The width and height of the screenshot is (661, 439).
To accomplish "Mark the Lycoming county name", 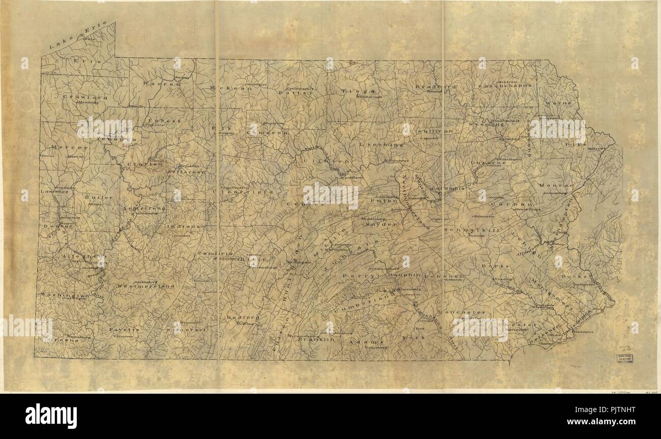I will [382, 144].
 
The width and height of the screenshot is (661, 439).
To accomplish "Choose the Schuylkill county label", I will [465, 230].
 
